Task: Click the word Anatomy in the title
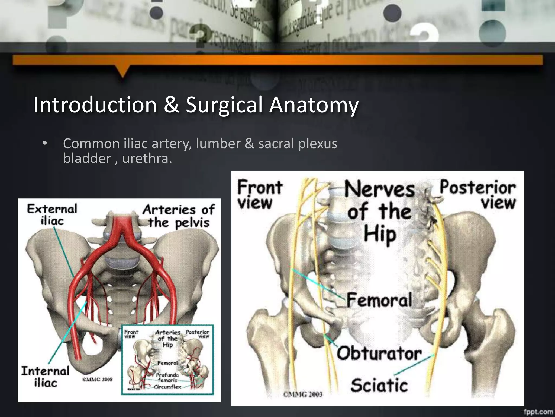[314, 105]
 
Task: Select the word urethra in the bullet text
[147, 158]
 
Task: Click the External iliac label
[52, 214]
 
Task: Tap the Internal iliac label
[45, 377]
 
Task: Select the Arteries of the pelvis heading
[179, 216]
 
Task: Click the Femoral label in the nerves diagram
[379, 300]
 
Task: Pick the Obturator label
[379, 353]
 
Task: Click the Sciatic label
[379, 385]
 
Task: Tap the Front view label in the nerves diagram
[260, 194]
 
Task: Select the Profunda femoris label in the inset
[167, 378]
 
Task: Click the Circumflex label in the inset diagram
[167, 387]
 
